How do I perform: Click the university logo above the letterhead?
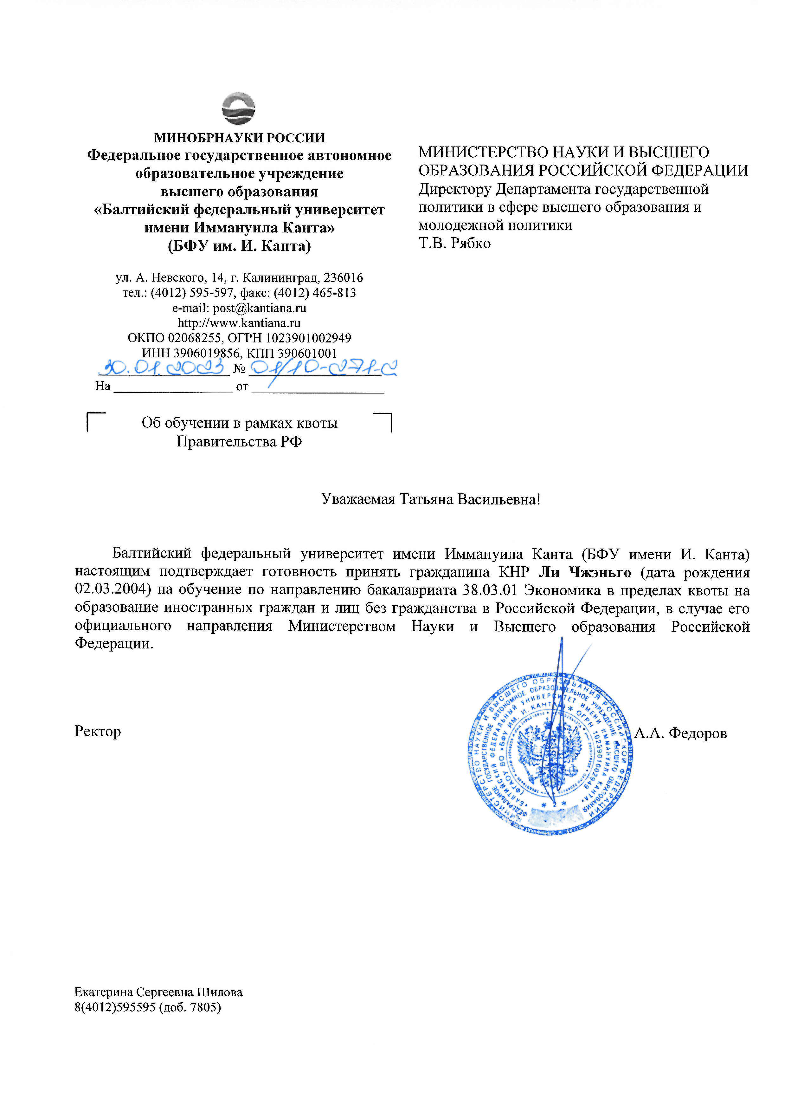tap(238, 108)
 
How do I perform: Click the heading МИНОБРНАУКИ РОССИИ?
tap(239, 138)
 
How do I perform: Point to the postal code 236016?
tap(344, 278)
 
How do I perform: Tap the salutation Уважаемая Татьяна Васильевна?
tap(431, 499)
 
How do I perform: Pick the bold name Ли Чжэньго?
tap(584, 572)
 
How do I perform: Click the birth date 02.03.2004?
tap(110, 590)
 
